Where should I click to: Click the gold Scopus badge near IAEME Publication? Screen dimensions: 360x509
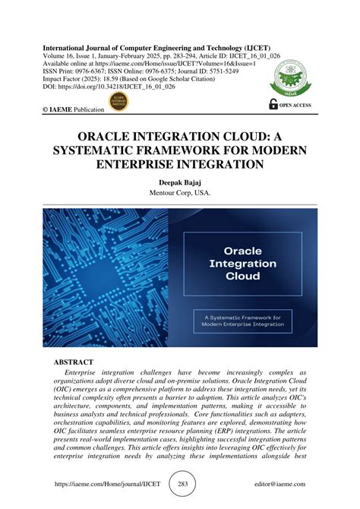pos(118,101)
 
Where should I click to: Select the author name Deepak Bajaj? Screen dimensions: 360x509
pos(180,182)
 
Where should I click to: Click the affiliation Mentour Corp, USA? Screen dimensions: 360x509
pos(180,194)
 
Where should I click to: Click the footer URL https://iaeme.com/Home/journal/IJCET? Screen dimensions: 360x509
pos(99,483)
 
